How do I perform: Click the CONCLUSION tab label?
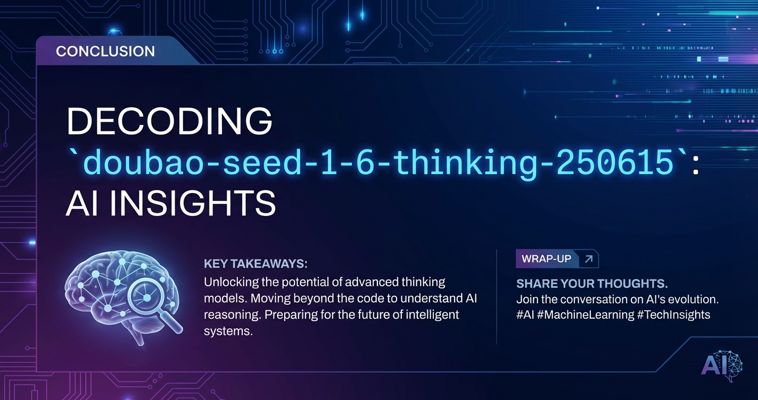point(105,52)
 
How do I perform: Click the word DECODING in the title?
point(169,121)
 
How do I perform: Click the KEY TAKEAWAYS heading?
point(256,264)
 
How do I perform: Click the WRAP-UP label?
point(546,259)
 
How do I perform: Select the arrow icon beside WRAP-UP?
point(589,259)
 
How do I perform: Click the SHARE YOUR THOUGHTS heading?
point(592,284)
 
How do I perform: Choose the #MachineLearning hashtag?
point(586,315)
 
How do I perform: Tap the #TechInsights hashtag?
point(673,315)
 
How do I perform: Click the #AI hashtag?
point(525,315)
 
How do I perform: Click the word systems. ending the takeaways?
point(228,331)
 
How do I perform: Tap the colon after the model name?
point(695,166)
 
